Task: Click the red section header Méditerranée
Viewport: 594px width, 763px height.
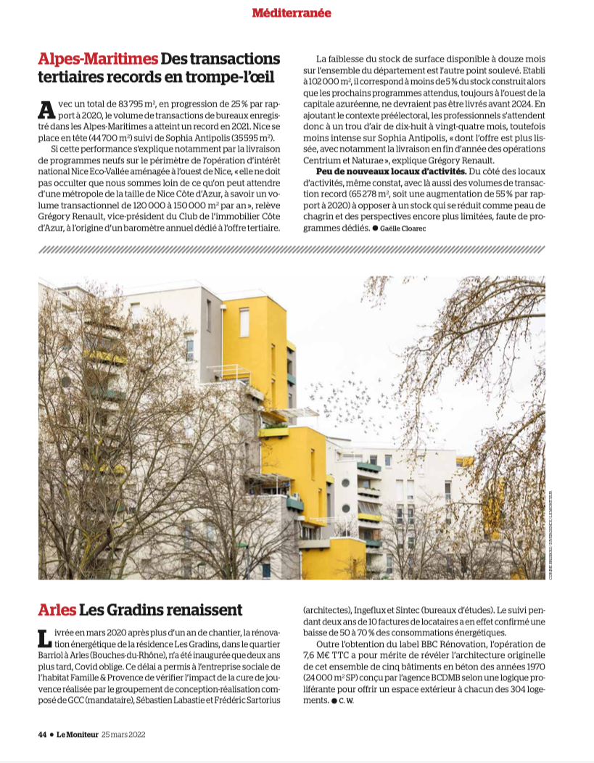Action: (x=292, y=12)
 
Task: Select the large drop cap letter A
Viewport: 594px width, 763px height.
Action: (x=46, y=110)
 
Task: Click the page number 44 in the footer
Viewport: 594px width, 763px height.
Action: (x=42, y=733)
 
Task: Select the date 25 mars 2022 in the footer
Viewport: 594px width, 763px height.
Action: (x=123, y=733)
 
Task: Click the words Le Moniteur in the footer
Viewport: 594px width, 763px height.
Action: (x=76, y=733)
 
